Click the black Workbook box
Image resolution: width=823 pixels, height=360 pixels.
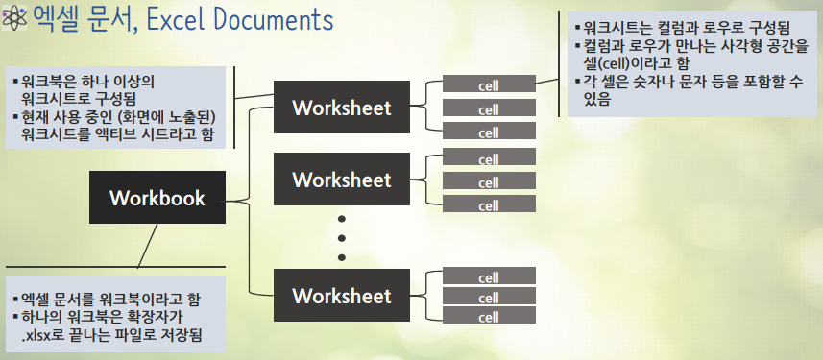coord(157,199)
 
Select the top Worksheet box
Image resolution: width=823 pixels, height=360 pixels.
coord(342,107)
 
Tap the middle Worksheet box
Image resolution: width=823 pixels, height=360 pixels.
coord(342,180)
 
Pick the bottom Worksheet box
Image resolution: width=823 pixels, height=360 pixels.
coord(342,294)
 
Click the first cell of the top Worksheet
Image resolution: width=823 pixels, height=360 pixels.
coord(489,85)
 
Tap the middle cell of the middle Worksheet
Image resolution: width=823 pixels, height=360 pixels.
coord(489,181)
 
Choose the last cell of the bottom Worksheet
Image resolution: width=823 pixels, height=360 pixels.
coord(489,316)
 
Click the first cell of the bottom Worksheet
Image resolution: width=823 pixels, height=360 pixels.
coord(489,277)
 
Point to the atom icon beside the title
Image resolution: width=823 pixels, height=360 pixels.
coord(13,20)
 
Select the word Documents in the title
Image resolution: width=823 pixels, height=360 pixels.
coord(274,20)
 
